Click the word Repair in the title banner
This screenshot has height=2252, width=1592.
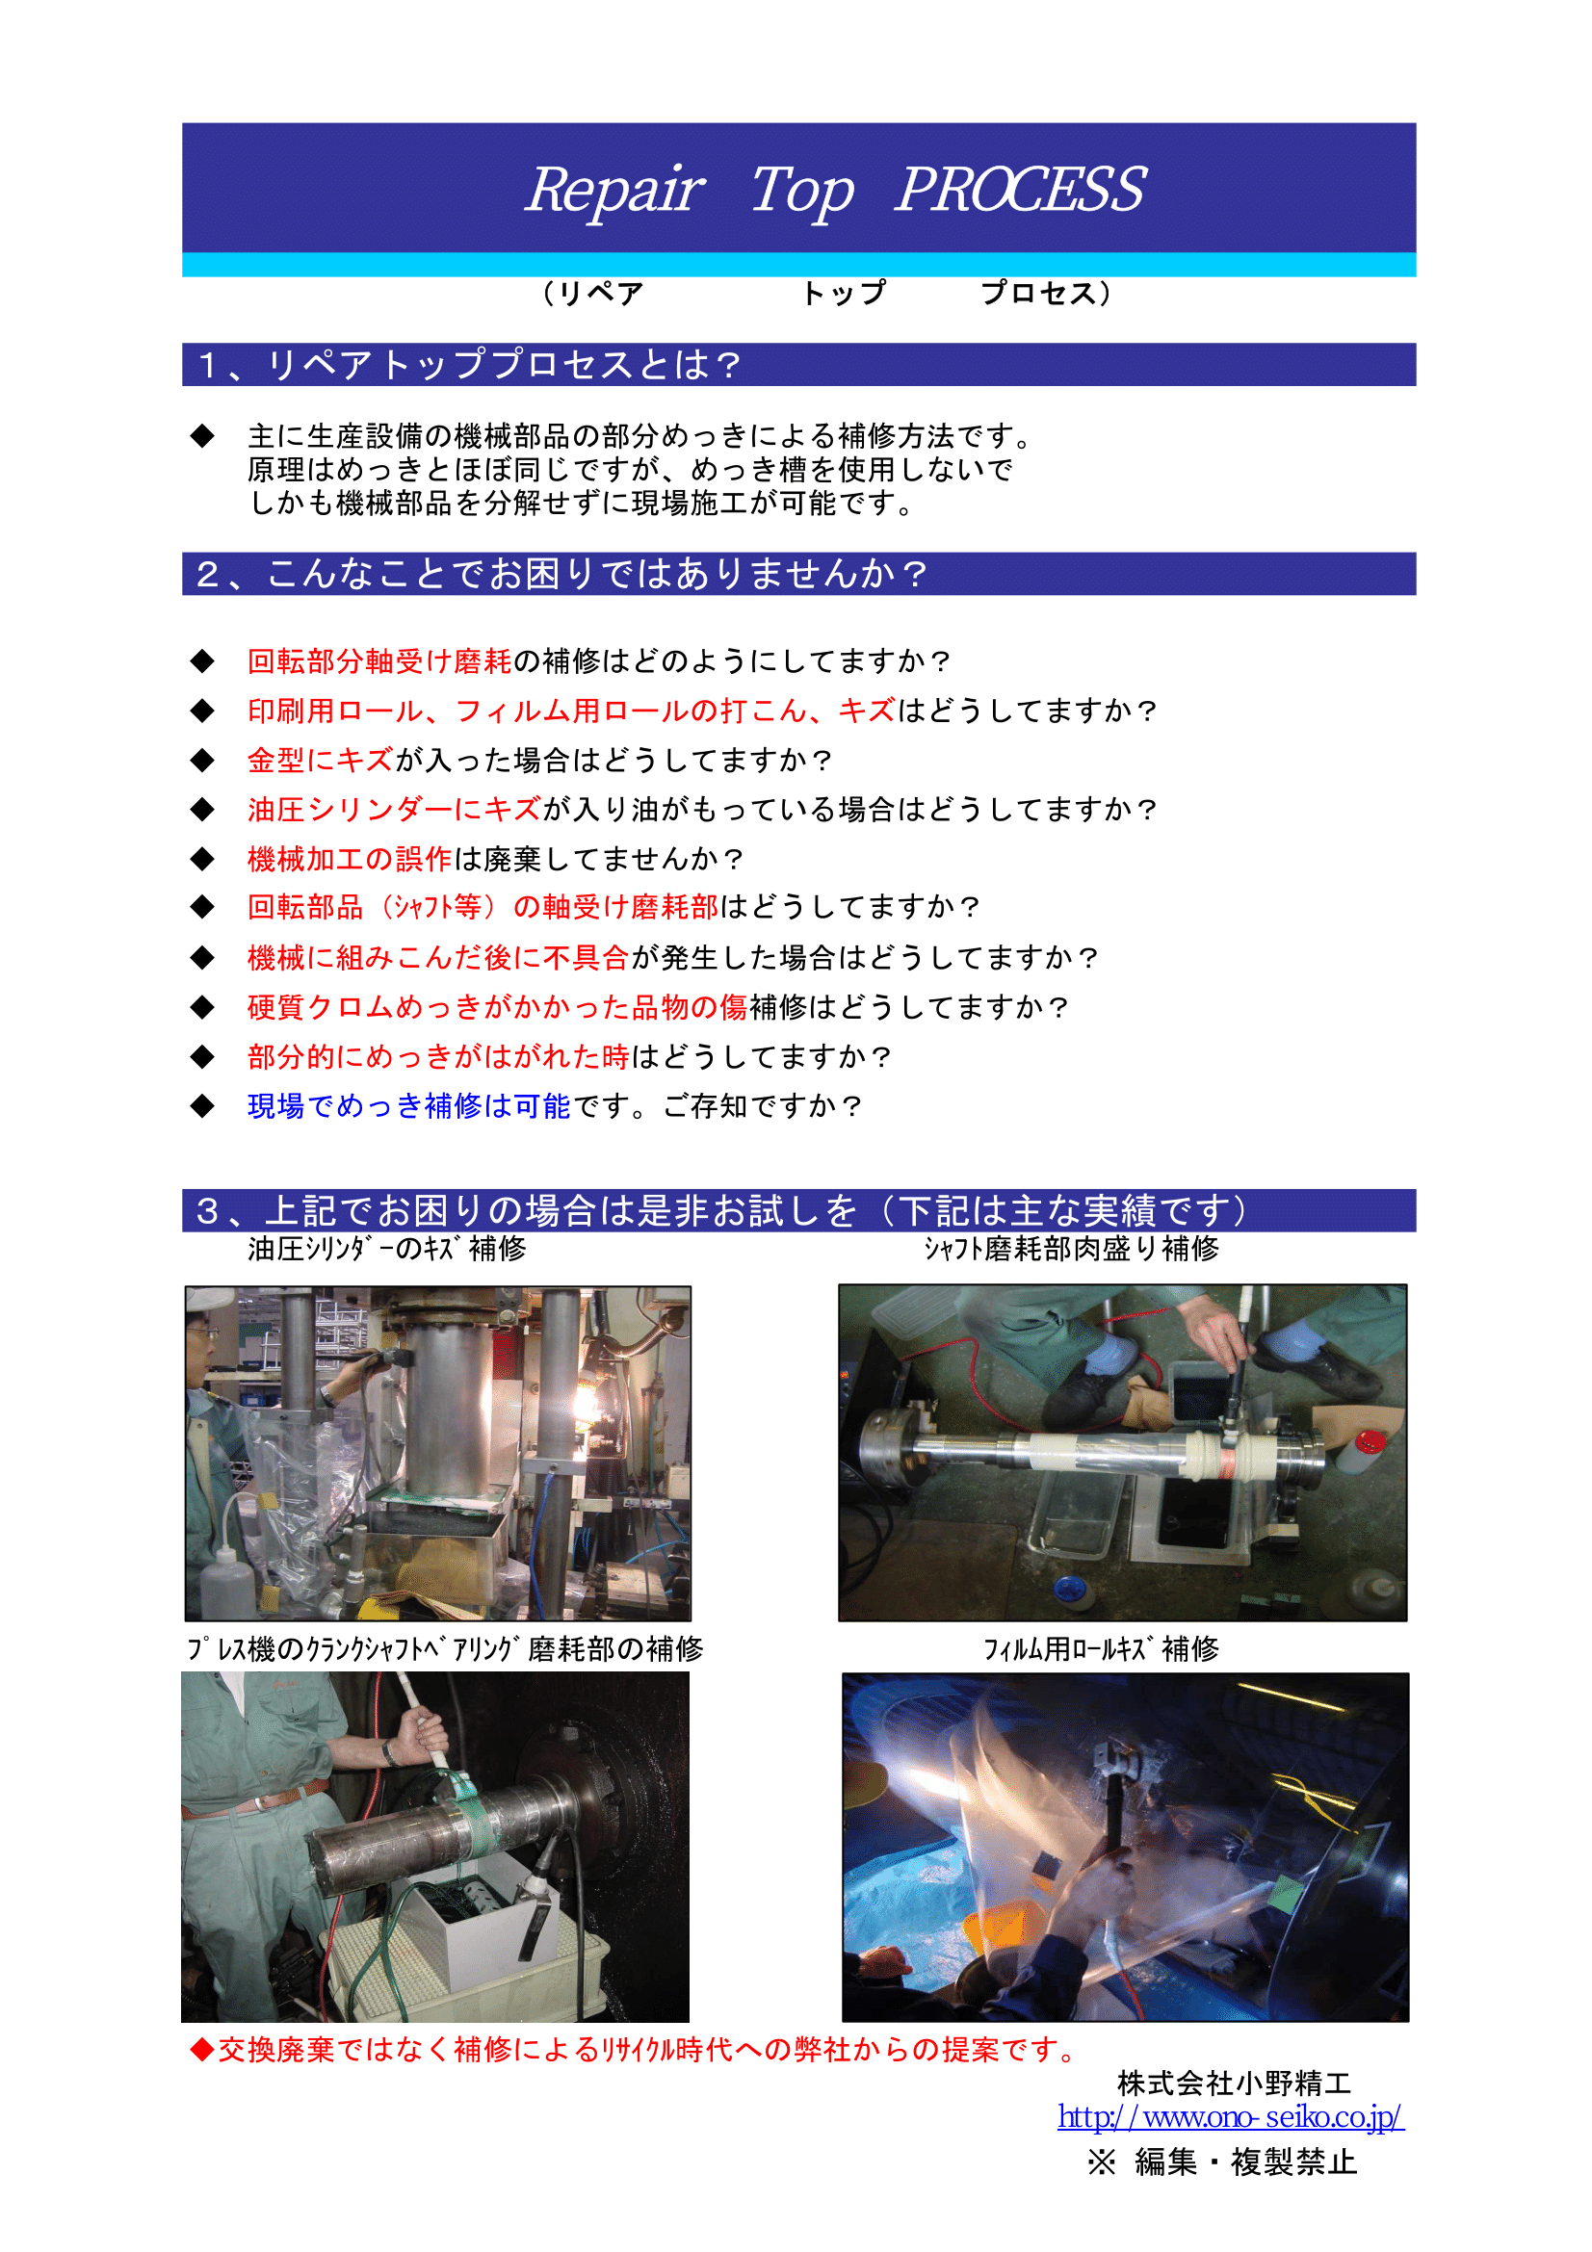614,190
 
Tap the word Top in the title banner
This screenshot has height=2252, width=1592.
801,191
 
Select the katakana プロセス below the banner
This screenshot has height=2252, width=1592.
1039,294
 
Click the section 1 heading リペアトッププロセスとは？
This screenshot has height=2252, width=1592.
506,365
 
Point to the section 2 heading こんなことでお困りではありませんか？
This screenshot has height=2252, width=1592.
596,574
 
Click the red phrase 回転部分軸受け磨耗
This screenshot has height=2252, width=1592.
379,661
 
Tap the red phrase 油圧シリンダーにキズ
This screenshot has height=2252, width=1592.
394,809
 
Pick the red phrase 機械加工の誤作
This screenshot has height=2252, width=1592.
351,859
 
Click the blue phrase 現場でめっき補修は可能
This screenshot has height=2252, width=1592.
409,1106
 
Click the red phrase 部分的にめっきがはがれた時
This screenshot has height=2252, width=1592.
438,1056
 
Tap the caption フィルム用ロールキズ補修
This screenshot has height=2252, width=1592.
1101,1648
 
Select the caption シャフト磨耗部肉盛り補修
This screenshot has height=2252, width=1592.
1071,1249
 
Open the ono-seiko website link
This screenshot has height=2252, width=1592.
1230,2116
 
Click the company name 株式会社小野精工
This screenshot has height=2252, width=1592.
1234,2083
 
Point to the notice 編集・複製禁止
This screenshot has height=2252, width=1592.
1245,2161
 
